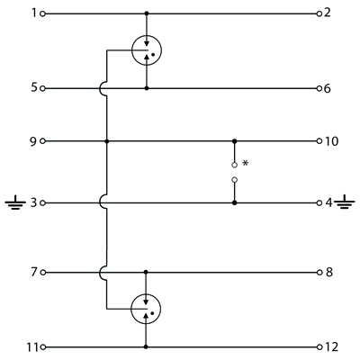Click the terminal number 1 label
coord(34,13)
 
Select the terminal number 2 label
coord(328,13)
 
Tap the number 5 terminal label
coord(34,88)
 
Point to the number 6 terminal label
coord(328,88)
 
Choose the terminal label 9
coord(34,140)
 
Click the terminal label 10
coord(331,140)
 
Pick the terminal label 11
coord(32,347)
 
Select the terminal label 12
coord(331,347)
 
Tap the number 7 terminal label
coord(34,272)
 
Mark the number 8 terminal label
coord(329,273)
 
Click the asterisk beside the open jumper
coord(246,163)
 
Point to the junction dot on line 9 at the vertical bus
coord(107,140)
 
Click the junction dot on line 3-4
coord(235,203)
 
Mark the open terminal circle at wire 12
coord(319,347)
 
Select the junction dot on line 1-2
coord(147,13)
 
